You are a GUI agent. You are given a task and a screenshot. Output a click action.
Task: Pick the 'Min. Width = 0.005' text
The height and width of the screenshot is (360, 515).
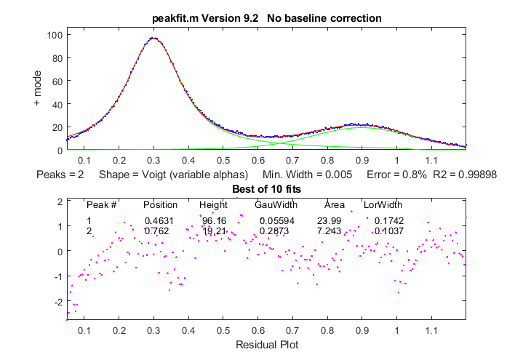[308, 175]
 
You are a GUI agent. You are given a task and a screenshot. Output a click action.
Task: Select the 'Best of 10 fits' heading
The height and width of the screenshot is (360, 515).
[266, 189]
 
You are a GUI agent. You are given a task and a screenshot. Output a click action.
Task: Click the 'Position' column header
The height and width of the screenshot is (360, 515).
[160, 205]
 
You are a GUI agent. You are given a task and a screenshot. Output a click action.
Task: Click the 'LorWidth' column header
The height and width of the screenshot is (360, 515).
[382, 205]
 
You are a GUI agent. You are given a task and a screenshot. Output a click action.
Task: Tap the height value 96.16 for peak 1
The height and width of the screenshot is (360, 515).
[214, 220]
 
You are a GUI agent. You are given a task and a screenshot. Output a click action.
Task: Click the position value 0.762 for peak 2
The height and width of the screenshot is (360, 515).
[158, 231]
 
